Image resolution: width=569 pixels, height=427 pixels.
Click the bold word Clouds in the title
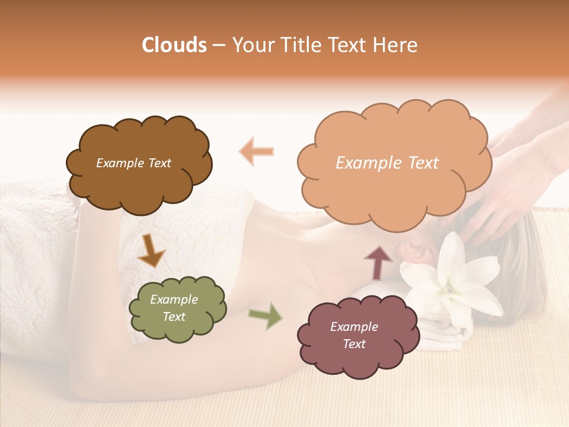point(174,45)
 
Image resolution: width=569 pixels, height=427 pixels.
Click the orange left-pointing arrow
point(257,151)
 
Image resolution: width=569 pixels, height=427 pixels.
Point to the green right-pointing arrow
point(266,316)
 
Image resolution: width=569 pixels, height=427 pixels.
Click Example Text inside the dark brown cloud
point(133,163)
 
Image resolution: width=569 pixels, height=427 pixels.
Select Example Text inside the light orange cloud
point(387,163)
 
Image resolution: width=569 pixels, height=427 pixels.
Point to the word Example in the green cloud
point(174,299)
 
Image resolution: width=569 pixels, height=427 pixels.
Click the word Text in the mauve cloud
point(354,344)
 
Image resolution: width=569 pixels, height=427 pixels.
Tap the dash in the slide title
point(219,45)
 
